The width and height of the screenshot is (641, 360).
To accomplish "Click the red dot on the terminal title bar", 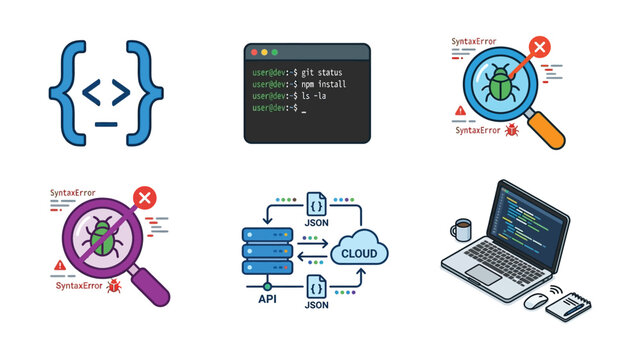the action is (x=254, y=52).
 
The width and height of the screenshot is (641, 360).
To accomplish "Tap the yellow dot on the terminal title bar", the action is (x=264, y=52).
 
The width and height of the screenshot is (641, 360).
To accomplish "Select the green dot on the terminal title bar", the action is (x=275, y=52).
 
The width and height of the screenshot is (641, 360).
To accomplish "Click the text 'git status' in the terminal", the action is (x=322, y=73).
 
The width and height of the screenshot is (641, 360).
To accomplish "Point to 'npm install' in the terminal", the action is (x=324, y=84).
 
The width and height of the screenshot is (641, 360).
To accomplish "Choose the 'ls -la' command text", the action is (x=314, y=96).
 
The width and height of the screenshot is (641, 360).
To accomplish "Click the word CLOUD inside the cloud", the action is (x=359, y=254).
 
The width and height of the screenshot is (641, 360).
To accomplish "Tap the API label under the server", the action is (x=267, y=299).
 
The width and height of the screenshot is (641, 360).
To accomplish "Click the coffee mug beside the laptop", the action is (x=461, y=230).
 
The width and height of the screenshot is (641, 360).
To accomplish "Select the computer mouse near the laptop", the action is (x=536, y=301).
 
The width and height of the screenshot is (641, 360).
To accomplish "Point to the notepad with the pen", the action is (x=569, y=306).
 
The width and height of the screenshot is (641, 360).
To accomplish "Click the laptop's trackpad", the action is (x=484, y=275).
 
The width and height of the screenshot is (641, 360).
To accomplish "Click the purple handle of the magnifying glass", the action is (x=150, y=286).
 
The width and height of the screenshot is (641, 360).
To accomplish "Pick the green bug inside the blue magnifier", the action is (x=500, y=84).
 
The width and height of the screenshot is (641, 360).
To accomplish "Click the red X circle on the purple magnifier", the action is (x=145, y=198).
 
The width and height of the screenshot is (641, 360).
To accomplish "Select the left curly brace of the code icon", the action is (x=67, y=93).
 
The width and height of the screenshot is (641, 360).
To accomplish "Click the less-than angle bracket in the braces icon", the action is (x=92, y=92).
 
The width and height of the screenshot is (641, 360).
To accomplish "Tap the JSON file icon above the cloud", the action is (x=317, y=203).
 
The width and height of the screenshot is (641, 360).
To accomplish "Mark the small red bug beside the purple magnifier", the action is (x=114, y=286).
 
